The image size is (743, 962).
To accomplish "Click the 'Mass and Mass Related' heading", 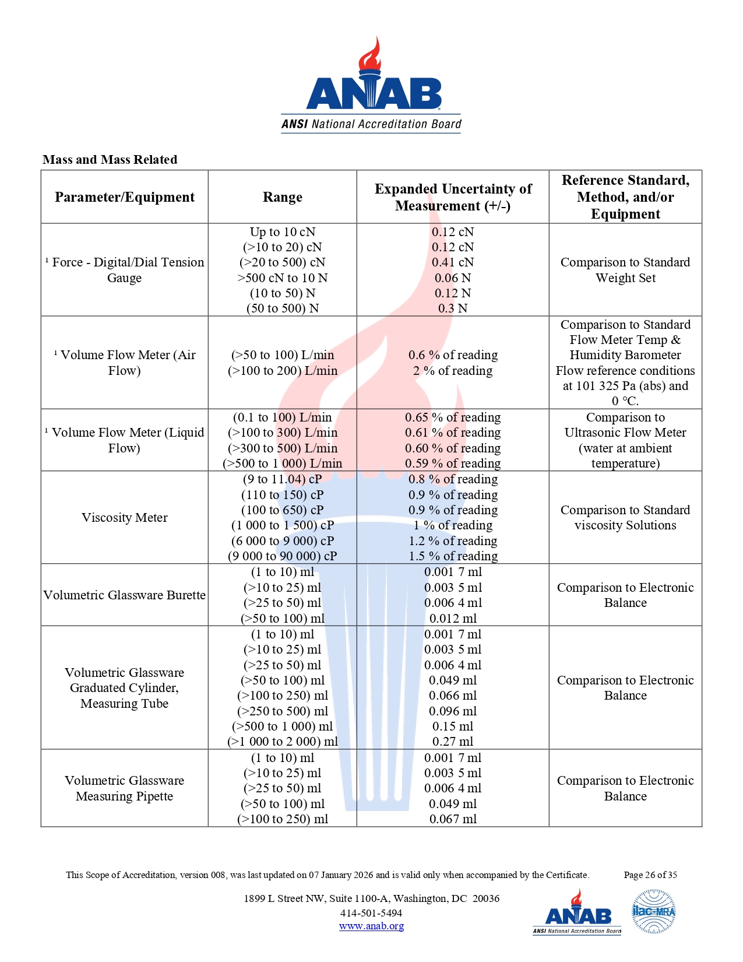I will (x=110, y=160).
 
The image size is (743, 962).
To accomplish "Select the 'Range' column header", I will (x=283, y=197).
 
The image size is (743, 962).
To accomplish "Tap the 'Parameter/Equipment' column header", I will (x=125, y=197).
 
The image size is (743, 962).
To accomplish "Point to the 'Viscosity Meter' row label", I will (x=125, y=518).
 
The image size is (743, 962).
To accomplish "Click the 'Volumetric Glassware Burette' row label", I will (x=125, y=595).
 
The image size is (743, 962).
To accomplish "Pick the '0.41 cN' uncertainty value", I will (x=453, y=262).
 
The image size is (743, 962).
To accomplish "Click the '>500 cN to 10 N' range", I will (x=283, y=278).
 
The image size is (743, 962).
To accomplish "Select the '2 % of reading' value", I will (x=453, y=371).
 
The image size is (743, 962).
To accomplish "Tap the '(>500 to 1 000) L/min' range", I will (x=283, y=464).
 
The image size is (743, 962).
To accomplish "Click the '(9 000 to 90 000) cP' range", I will (x=283, y=556).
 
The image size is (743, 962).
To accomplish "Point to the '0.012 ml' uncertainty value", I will (x=453, y=619).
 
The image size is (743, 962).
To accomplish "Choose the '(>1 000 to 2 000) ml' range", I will (x=283, y=742).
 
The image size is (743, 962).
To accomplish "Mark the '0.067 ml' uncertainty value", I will (x=453, y=819).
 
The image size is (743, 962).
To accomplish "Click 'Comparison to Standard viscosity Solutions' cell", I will (x=625, y=518).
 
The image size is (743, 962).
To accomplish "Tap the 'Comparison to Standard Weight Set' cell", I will (x=625, y=270).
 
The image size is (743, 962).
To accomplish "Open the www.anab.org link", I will (x=371, y=926).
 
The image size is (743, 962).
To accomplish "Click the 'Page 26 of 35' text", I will (x=650, y=875).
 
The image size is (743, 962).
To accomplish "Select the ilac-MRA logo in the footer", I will (x=654, y=911).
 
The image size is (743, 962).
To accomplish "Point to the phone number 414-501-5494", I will (x=371, y=913).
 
